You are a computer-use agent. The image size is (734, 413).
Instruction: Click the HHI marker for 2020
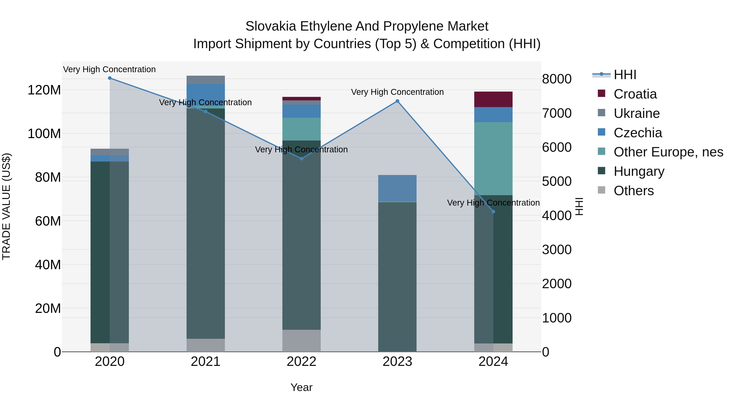(x=110, y=78)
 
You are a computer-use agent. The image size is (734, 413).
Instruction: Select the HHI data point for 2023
(x=398, y=101)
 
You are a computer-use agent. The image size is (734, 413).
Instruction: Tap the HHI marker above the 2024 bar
(x=493, y=212)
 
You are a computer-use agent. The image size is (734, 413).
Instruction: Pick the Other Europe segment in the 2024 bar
(x=493, y=158)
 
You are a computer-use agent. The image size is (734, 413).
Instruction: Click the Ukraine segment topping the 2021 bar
(x=206, y=80)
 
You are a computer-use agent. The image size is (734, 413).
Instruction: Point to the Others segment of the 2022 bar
(x=302, y=341)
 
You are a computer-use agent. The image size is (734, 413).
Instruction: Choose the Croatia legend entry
(x=635, y=94)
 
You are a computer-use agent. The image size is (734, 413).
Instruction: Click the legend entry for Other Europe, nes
(x=668, y=152)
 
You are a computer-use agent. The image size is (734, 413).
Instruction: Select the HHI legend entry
(x=625, y=75)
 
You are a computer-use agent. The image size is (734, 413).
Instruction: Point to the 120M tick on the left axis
(x=44, y=90)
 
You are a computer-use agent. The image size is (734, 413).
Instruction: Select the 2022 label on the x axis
(x=302, y=362)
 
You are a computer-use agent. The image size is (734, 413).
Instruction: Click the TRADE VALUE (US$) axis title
(x=7, y=206)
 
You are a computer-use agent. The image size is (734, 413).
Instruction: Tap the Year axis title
(x=302, y=387)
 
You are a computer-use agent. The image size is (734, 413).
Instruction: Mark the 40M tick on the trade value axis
(x=48, y=265)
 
